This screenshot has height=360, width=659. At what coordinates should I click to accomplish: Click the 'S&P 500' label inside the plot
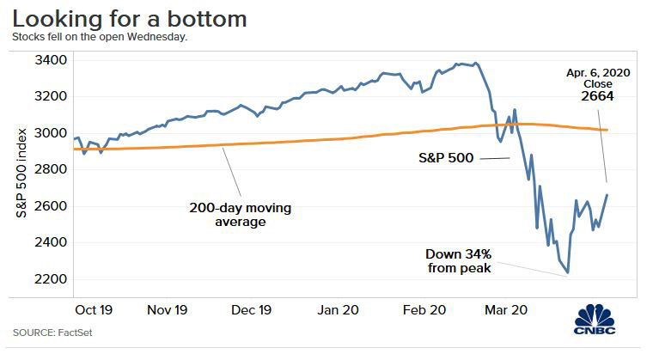click(x=443, y=159)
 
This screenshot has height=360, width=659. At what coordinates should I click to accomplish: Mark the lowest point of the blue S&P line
click(x=567, y=274)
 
